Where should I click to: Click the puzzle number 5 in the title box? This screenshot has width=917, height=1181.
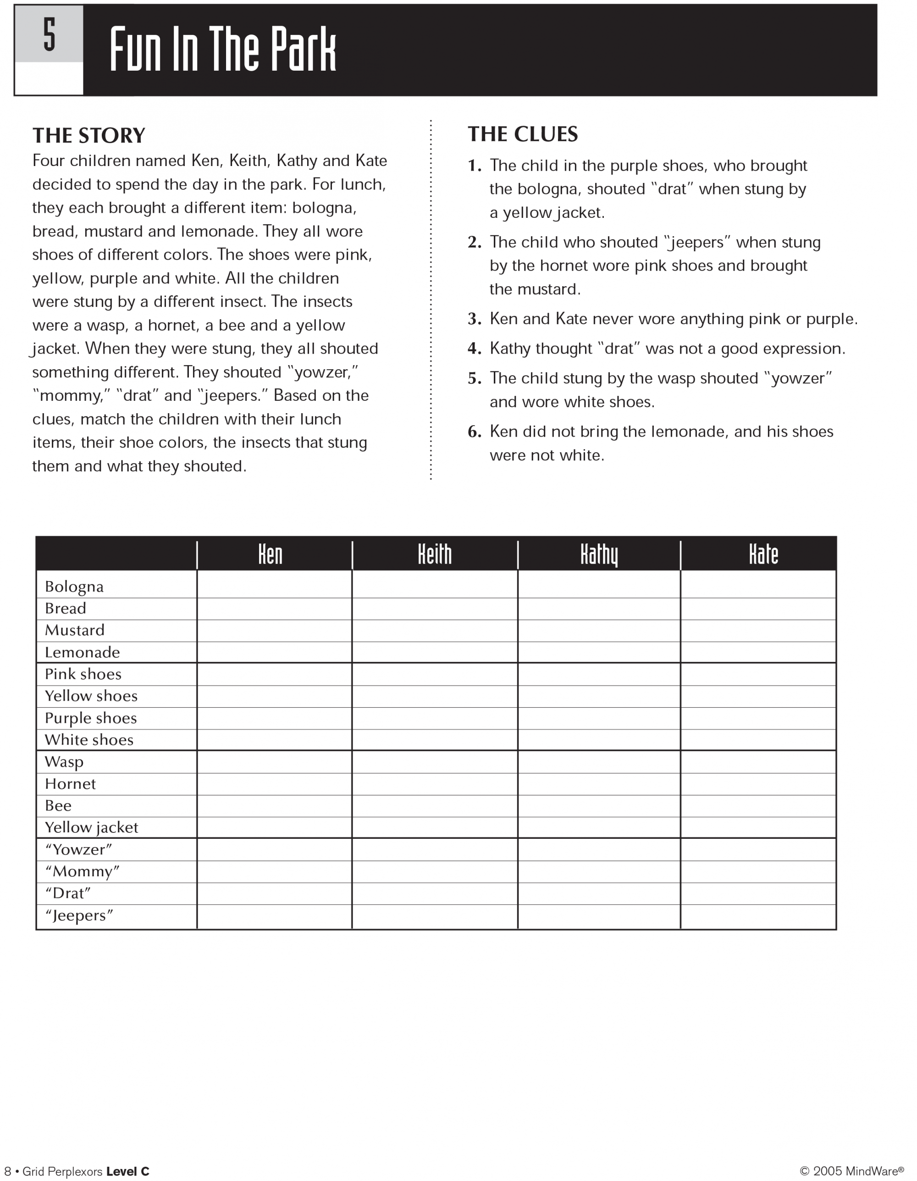[x=49, y=34]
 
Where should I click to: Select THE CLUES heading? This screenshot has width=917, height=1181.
[x=522, y=134]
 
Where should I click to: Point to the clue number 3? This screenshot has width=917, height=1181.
[x=474, y=319]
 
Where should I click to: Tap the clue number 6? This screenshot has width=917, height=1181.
[x=474, y=432]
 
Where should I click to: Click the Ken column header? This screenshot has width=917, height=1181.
[x=271, y=554]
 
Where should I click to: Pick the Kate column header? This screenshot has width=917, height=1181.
[x=763, y=554]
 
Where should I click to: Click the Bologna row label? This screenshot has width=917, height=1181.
[x=74, y=587]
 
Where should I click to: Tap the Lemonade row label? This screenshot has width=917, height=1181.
[x=82, y=653]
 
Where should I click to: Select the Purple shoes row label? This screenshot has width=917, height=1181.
[x=91, y=718]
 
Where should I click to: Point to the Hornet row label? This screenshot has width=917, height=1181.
[x=70, y=784]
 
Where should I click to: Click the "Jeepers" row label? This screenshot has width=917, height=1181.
[x=79, y=915]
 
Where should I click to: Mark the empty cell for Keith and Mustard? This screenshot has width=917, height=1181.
[x=434, y=631]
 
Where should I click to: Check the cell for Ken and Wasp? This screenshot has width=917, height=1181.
[x=274, y=762]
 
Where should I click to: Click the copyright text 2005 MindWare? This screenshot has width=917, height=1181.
[x=851, y=1171]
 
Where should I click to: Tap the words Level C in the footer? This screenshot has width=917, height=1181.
[x=127, y=1171]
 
